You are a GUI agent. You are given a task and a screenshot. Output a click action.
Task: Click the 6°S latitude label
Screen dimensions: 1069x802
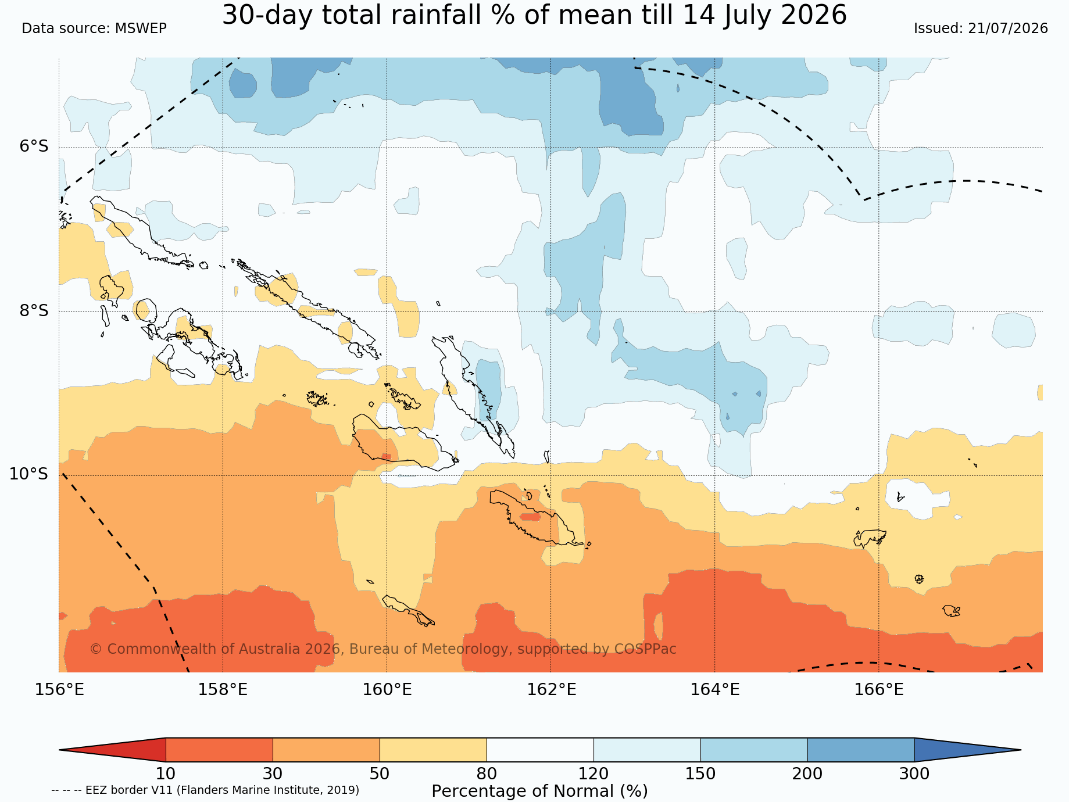point(34,146)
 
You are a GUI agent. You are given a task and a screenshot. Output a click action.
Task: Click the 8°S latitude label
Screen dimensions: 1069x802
point(34,310)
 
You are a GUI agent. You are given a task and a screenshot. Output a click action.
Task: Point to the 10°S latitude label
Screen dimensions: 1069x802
point(29,474)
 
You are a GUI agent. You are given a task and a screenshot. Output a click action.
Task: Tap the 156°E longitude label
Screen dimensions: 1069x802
point(59,689)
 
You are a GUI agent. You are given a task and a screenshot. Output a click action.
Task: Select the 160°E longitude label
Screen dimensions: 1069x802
point(387,689)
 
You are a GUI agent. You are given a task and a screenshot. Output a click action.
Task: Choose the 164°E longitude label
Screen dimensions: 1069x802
point(715,689)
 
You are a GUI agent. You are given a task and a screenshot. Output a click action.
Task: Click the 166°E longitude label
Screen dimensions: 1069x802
point(879,689)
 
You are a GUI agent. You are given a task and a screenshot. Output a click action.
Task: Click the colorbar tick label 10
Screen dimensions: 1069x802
point(166,774)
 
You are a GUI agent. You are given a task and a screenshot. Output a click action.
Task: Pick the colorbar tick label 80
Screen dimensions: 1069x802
point(487,774)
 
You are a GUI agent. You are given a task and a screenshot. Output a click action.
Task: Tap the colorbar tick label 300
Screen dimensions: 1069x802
point(914,774)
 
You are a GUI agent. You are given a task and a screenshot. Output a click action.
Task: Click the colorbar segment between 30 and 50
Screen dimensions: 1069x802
point(326,750)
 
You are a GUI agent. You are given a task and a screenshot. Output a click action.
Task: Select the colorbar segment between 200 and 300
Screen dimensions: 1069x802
point(861,750)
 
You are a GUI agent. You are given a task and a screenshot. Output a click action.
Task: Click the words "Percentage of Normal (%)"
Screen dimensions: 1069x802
point(539,792)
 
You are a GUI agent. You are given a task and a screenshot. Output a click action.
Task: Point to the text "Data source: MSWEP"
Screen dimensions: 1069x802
point(94,28)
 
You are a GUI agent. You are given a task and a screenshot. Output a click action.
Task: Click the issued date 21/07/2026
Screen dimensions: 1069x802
point(1008,28)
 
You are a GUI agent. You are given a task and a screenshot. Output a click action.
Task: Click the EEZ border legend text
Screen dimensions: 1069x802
point(205,790)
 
